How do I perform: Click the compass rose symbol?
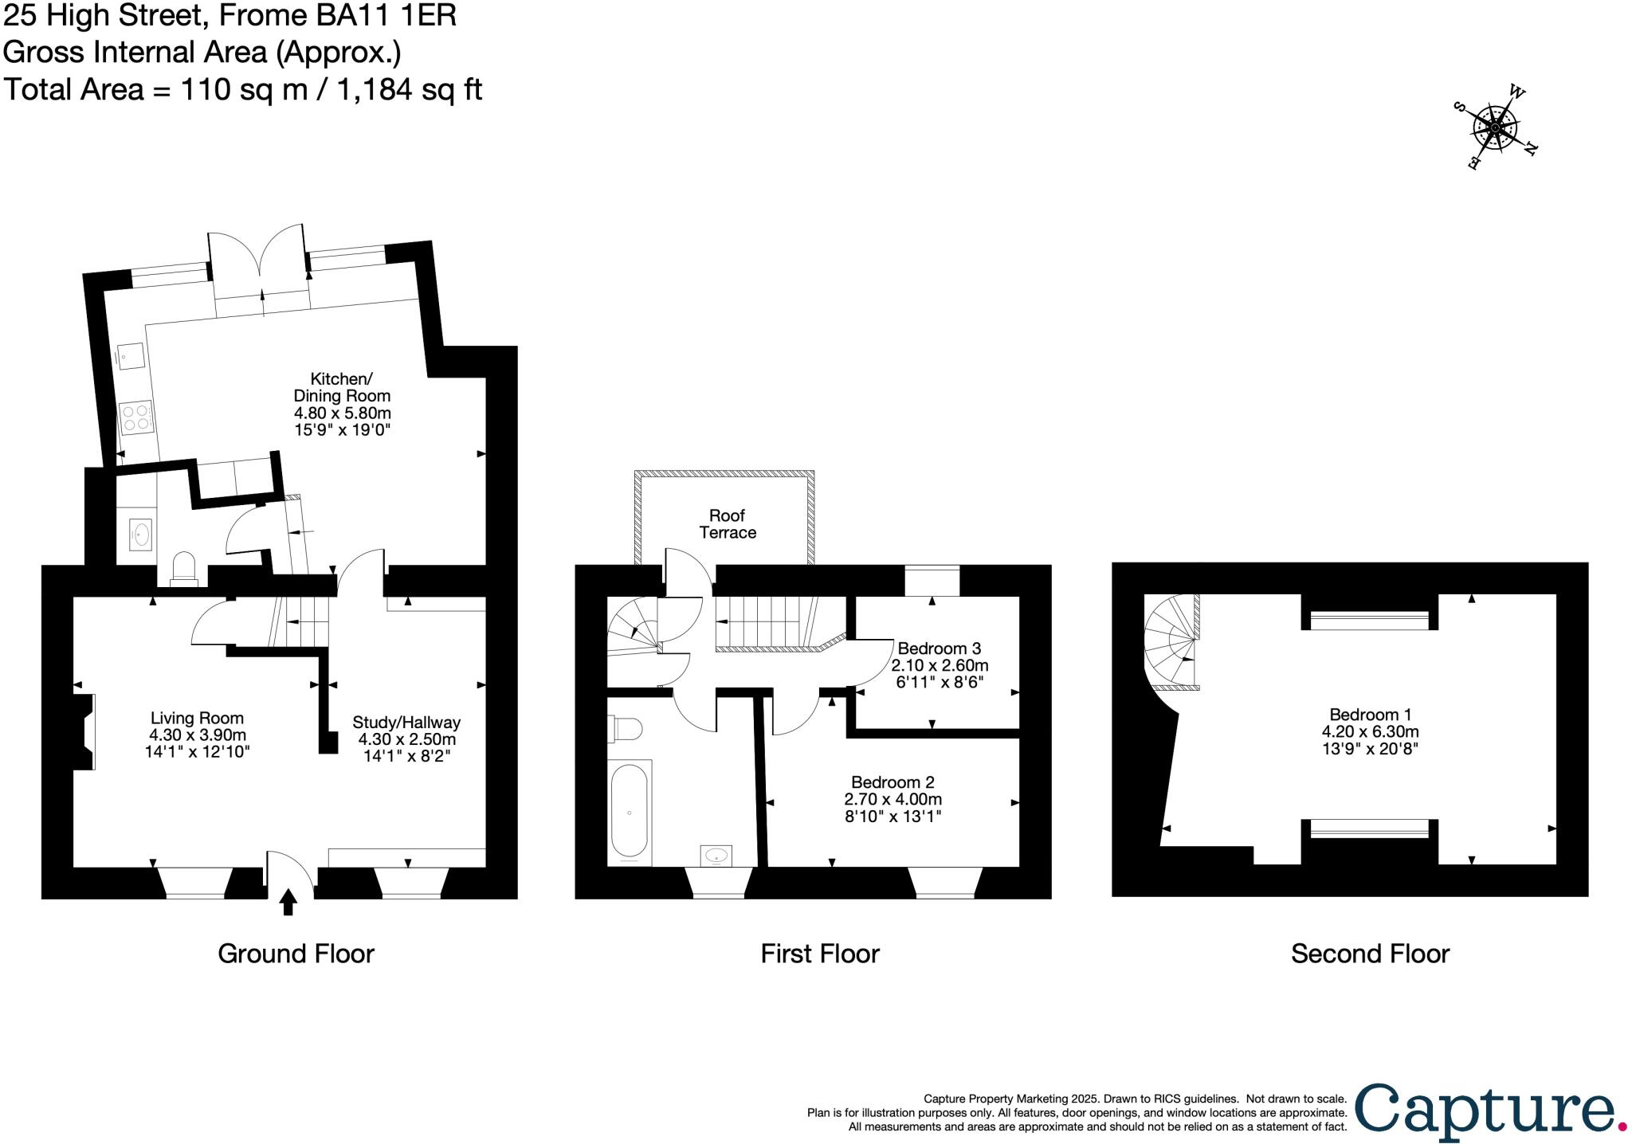tap(1496, 128)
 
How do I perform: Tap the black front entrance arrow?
tap(288, 902)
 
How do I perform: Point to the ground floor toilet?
tap(184, 568)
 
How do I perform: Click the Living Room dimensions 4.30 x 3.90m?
tap(197, 735)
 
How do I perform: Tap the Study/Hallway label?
tap(406, 723)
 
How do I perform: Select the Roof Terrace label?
tap(728, 524)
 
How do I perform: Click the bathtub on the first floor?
tap(630, 812)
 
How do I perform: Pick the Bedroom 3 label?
tap(939, 648)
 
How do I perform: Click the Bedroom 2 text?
tap(892, 782)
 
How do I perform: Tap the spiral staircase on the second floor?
tap(1171, 641)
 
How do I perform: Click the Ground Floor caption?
tap(296, 954)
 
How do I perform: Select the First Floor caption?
tap(819, 954)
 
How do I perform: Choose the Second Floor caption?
tap(1369, 954)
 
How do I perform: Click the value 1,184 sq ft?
tap(410, 89)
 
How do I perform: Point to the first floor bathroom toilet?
tap(627, 728)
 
